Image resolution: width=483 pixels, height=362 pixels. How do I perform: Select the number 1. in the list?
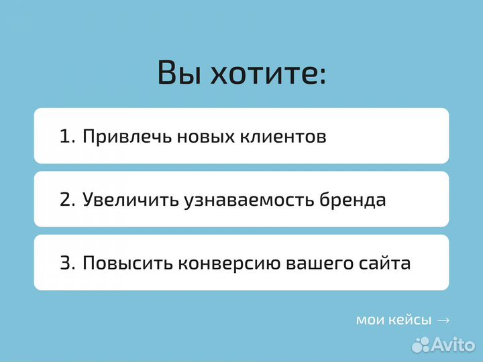tap(68, 137)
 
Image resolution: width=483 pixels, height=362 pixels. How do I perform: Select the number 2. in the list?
tap(68, 200)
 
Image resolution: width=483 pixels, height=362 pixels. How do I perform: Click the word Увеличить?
tap(131, 200)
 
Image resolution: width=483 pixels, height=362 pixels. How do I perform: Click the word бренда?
tap(353, 200)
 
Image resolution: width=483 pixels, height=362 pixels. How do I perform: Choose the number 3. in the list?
tap(68, 263)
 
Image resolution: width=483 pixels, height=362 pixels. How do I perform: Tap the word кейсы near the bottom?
tap(411, 320)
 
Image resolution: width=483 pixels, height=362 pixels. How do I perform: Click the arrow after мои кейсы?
tap(443, 320)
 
